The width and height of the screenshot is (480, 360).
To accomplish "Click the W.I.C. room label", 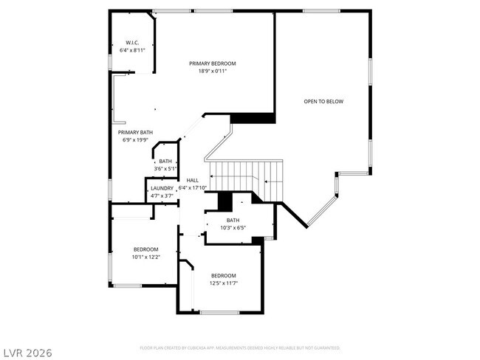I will click(x=133, y=43).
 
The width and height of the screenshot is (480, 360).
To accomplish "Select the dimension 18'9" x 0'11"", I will click(x=212, y=72).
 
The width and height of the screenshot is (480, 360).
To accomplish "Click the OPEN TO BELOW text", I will click(x=323, y=101).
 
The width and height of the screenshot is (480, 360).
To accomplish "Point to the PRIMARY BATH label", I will click(x=135, y=132).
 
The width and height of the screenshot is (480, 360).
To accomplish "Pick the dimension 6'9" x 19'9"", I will click(x=135, y=140).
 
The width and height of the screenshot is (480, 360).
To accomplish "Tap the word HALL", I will click(x=192, y=180).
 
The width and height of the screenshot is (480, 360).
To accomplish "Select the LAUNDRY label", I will click(x=162, y=188).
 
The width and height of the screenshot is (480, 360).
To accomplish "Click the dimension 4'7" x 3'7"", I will click(x=162, y=196).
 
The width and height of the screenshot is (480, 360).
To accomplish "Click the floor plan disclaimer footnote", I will click(x=240, y=347).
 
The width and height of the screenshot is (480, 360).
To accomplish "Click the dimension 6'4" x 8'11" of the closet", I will click(x=133, y=51).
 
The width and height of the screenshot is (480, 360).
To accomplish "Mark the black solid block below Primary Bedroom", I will click(x=253, y=118).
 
